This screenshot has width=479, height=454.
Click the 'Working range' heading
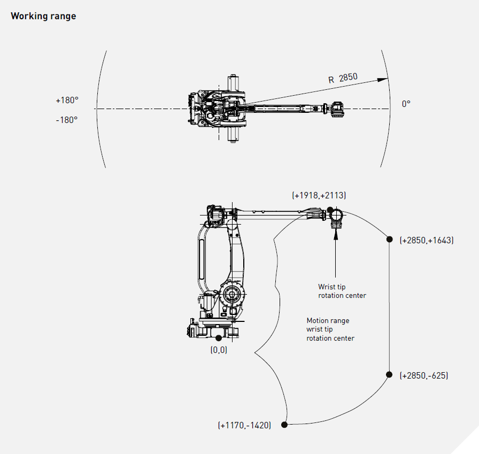click(x=43, y=16)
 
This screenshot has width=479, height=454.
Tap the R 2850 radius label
click(x=343, y=78)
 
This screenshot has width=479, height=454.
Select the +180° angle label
click(x=67, y=100)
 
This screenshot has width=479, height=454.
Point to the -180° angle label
click(x=67, y=119)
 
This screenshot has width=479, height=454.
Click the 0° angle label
click(x=406, y=104)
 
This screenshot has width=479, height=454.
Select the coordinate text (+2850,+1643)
click(x=427, y=240)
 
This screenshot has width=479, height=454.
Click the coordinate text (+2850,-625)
click(x=424, y=375)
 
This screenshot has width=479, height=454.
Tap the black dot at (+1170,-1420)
click(x=284, y=425)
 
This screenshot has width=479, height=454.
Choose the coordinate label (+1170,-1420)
click(x=244, y=425)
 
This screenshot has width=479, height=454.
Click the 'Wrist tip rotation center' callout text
click(x=342, y=291)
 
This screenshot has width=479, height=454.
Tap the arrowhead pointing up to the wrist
click(x=335, y=233)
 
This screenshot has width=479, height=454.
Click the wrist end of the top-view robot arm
click(x=336, y=109)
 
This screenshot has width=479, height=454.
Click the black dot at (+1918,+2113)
click(x=330, y=210)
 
